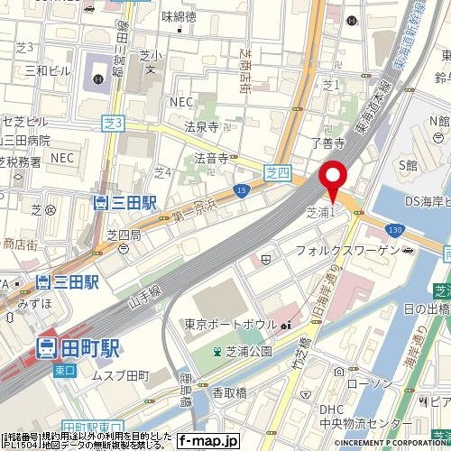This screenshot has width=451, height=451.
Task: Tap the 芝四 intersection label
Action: click(279, 169)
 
